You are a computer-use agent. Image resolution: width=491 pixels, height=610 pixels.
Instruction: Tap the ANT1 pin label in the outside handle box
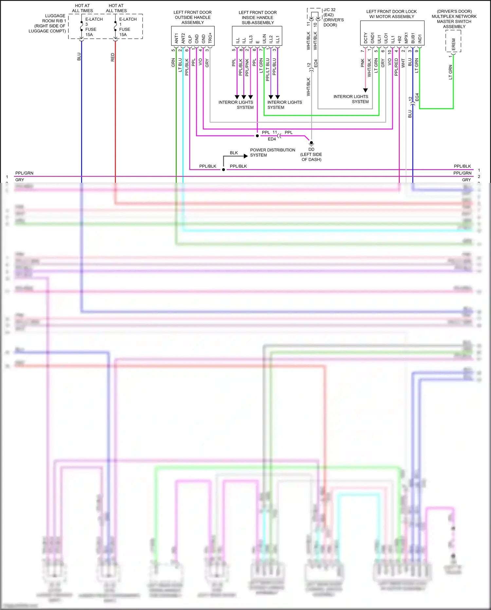tap(176, 38)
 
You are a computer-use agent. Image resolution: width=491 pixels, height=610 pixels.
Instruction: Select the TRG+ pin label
tap(210, 38)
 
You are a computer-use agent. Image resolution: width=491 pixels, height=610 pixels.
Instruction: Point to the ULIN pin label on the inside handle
tap(264, 39)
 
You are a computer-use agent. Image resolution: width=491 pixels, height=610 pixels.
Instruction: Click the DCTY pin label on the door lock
tap(366, 38)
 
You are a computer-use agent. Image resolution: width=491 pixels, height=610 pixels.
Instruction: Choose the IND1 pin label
tap(420, 38)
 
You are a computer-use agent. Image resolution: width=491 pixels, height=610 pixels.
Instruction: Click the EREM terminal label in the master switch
tap(453, 44)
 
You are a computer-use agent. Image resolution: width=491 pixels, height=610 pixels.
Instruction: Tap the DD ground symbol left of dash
tap(311, 143)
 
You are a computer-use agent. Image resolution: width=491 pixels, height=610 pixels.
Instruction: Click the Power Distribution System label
tap(272, 152)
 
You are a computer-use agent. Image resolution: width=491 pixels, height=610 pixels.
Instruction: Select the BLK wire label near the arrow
tap(234, 153)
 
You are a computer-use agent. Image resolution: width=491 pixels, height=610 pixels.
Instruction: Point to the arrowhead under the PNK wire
tap(365, 90)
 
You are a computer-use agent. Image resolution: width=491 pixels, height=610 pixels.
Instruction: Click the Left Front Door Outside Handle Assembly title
tap(192, 17)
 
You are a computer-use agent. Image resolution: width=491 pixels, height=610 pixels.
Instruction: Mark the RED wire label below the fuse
tap(113, 57)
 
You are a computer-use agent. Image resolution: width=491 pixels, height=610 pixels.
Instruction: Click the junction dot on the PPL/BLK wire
tap(224, 169)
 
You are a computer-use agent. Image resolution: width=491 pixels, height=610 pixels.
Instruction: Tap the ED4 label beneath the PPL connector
tap(272, 139)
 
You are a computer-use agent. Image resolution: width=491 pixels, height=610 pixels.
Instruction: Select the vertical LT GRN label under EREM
tap(450, 72)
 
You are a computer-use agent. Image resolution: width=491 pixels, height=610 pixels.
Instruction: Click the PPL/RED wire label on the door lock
tap(396, 67)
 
